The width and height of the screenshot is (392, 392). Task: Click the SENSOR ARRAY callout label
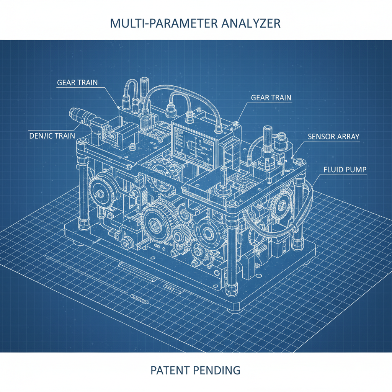(333, 136)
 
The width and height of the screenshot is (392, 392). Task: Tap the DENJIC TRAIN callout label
(52, 136)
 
